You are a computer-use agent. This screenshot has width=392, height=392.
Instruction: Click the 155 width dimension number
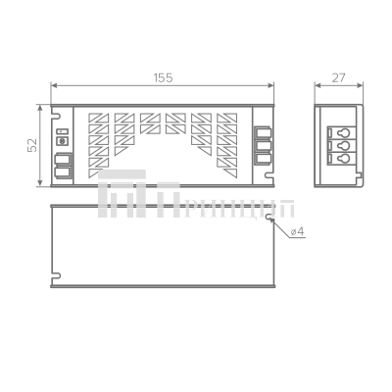(x=162, y=77)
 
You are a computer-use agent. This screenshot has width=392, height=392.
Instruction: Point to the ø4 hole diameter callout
(x=298, y=232)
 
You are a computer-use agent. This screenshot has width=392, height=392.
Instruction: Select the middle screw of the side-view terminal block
(x=341, y=141)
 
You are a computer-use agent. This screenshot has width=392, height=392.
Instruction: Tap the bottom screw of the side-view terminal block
(x=341, y=154)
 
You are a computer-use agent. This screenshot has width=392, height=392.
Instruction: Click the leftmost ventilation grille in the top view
(x=99, y=137)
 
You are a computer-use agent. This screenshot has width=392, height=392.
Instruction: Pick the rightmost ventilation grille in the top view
(x=226, y=137)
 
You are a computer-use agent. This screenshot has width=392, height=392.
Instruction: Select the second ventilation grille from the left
(x=124, y=133)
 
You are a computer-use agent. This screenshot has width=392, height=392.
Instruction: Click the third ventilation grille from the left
(x=150, y=124)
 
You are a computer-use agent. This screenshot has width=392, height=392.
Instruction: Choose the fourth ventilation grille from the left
(x=176, y=124)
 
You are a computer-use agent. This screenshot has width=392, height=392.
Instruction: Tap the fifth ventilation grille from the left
(x=202, y=133)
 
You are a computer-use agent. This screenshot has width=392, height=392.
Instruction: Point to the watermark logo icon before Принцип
(x=131, y=201)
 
